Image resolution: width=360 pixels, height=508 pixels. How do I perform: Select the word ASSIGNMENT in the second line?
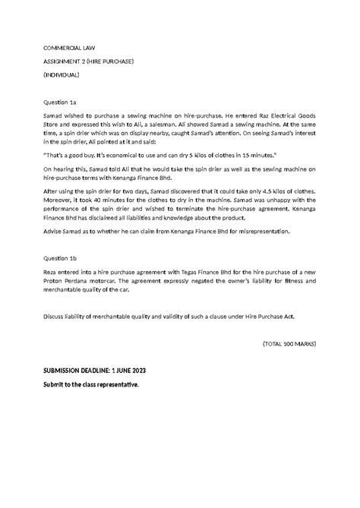65,62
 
